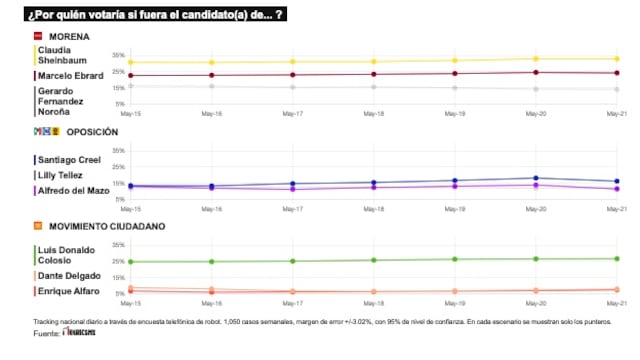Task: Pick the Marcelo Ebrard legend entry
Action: (x=71, y=75)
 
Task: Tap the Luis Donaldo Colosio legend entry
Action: (x=66, y=255)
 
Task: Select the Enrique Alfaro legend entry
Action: (x=71, y=290)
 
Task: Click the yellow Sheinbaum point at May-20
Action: (x=535, y=59)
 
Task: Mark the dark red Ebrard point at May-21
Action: (x=616, y=73)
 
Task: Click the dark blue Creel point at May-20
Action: (x=535, y=178)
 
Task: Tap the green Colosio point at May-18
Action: (x=373, y=260)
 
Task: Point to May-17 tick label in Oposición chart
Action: (x=292, y=208)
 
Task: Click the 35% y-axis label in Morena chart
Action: (x=118, y=55)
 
